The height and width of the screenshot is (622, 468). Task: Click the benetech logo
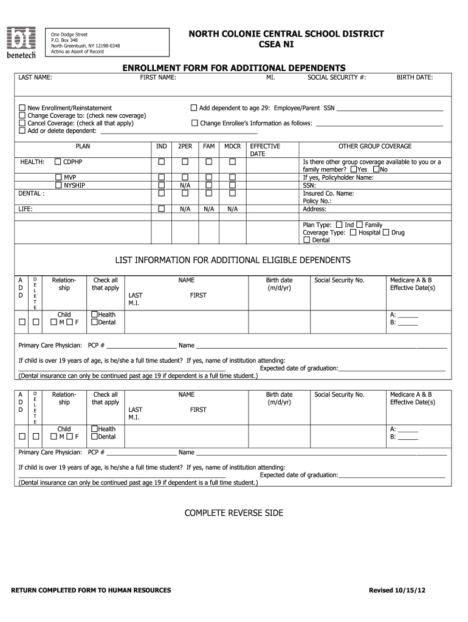pos(21,43)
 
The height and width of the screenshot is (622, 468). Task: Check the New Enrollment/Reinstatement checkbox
pos(22,108)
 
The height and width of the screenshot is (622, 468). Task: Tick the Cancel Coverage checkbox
pos(22,123)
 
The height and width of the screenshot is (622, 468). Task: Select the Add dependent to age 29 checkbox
pos(194,108)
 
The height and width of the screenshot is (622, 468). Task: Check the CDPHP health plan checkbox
pos(58,162)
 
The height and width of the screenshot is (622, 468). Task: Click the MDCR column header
pos(232,146)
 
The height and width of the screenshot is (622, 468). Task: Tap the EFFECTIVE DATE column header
pos(265,150)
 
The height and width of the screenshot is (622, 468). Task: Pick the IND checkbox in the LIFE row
pos(162,209)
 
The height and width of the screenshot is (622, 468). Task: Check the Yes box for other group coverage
pos(353,169)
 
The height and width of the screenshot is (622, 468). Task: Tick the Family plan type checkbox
pos(360,225)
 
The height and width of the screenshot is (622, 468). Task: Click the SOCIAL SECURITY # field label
pos(336,78)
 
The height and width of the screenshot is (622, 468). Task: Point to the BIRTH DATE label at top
pos(415,78)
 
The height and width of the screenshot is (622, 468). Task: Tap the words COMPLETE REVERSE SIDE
pos(233,513)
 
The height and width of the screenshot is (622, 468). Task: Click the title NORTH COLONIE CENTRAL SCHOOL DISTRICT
pos(286,33)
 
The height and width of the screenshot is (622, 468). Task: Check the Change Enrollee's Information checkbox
pos(195,123)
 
